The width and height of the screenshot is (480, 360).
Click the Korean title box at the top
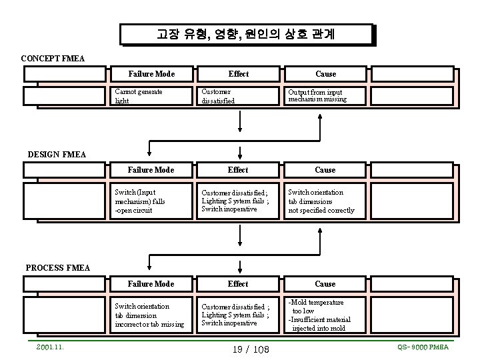coord(247,35)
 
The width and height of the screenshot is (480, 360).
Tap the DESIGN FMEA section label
coord(57,155)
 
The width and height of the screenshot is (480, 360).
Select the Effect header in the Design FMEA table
coord(237,170)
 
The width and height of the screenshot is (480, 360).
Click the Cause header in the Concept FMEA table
coord(325,74)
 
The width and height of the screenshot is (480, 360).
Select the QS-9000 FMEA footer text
coord(423,347)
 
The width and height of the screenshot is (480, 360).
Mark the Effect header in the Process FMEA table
coord(237,284)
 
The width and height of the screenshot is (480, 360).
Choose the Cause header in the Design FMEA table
coord(325,170)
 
